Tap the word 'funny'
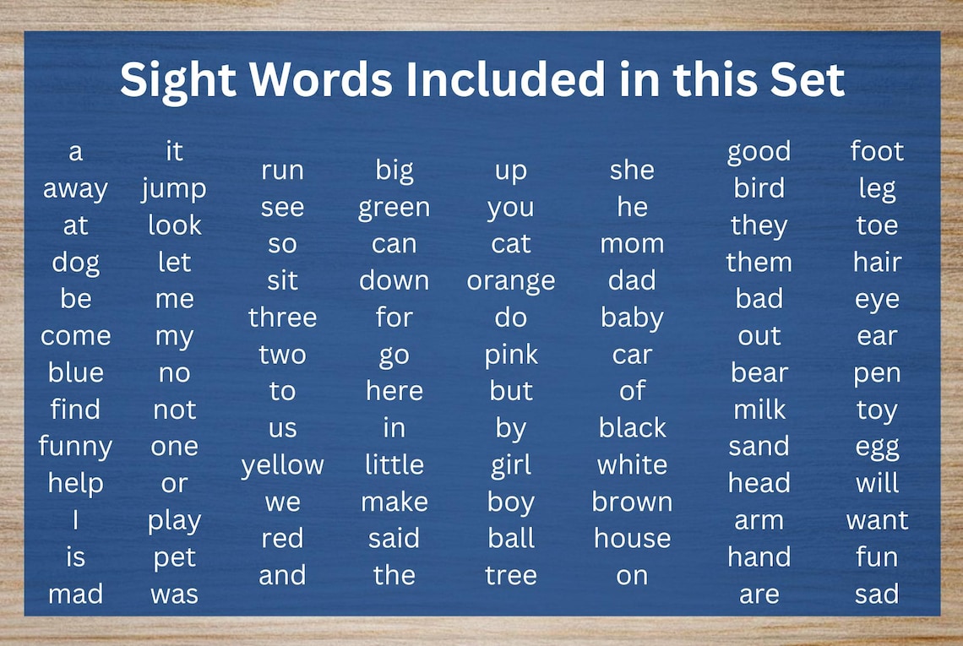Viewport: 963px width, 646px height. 75,447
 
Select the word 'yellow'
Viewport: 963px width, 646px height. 282,465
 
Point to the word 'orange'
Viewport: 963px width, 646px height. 511,281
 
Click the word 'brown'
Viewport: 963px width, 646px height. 632,502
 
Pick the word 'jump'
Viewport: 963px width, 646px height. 174,189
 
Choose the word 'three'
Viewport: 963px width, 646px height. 282,318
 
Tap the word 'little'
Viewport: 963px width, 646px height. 394,464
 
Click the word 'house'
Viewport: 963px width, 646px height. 632,538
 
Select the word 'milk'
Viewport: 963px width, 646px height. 759,410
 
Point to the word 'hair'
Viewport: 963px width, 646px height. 877,262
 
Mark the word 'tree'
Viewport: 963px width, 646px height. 511,575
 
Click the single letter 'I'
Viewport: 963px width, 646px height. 75,520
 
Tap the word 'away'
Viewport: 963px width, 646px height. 75,189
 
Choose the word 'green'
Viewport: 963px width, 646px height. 394,208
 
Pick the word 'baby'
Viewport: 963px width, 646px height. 632,318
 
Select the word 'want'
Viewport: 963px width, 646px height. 877,520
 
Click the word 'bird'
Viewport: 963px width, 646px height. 759,188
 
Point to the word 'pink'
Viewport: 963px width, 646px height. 511,356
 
